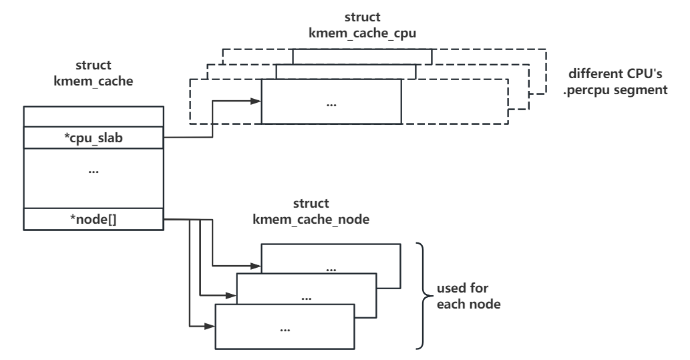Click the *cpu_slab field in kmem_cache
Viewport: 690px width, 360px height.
point(93,138)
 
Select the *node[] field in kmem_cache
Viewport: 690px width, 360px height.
point(93,218)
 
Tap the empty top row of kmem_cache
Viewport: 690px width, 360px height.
point(93,117)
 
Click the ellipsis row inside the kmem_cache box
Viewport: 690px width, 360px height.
point(93,172)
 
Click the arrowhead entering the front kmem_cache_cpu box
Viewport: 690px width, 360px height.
point(256,102)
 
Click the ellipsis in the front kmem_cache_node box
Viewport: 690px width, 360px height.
point(285,329)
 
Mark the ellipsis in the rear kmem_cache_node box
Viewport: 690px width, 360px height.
point(330,268)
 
